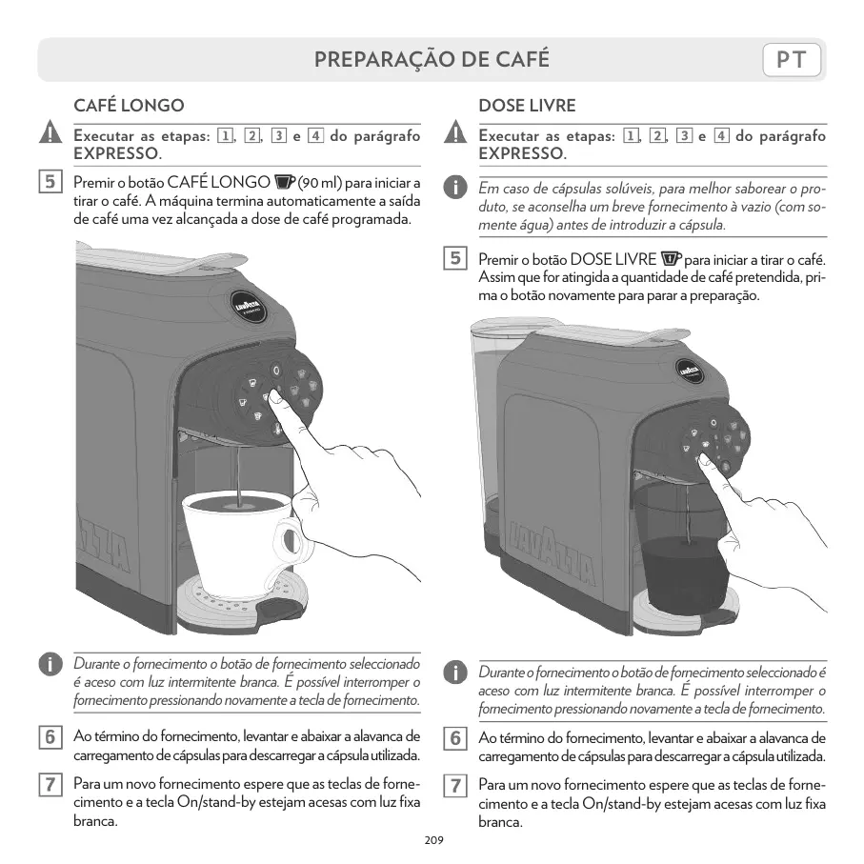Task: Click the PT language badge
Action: tap(792, 60)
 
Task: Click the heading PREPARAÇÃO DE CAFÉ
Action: tap(432, 60)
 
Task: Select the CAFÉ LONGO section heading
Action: tap(129, 105)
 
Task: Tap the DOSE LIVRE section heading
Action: tap(527, 105)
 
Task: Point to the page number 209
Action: tap(432, 840)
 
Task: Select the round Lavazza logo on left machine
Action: tap(249, 304)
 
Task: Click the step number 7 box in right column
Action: tap(456, 786)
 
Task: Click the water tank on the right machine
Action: tap(486, 429)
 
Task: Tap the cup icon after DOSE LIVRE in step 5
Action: tap(672, 258)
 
